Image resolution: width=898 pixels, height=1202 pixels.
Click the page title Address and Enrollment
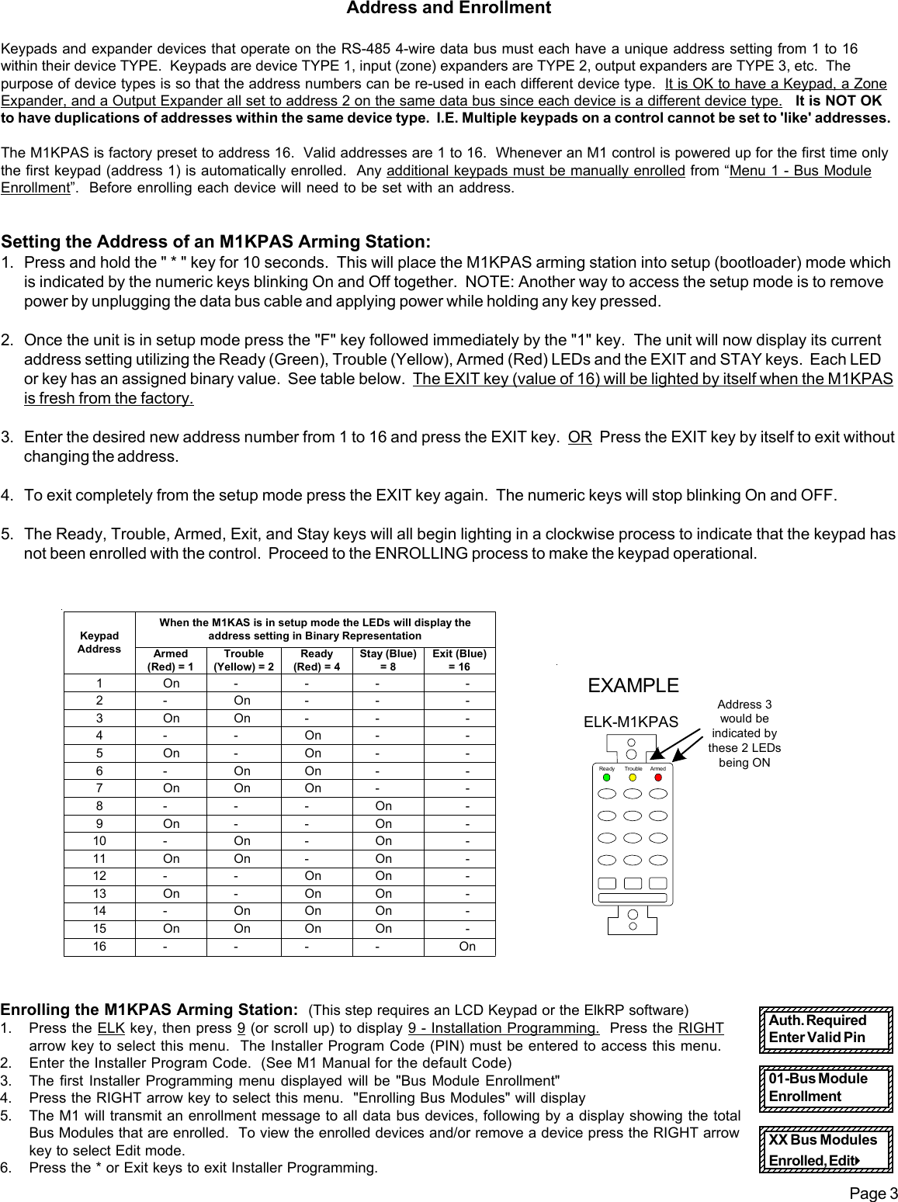(448, 9)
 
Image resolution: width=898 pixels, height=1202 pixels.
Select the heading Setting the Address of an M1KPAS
(216, 242)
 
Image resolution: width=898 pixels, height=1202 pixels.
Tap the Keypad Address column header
(99, 642)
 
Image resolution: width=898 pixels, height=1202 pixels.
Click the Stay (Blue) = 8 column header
(388, 660)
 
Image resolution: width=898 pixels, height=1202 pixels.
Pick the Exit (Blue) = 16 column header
(459, 660)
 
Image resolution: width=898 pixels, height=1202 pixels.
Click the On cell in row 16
(466, 946)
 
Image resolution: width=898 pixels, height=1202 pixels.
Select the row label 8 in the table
(99, 805)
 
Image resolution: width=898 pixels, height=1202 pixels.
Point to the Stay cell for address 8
(383, 805)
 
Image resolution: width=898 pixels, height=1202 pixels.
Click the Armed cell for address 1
(171, 684)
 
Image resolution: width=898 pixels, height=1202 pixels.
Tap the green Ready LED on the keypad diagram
(608, 777)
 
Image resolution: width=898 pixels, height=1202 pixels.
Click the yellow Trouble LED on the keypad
(633, 777)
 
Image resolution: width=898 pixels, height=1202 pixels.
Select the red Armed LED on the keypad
(658, 777)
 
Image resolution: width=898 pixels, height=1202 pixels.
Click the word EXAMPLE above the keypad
(633, 686)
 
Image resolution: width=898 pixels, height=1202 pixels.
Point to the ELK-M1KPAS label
(630, 722)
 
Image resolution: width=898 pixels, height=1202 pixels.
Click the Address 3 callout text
(744, 733)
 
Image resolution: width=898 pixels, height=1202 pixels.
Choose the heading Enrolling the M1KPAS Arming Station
(150, 1010)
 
